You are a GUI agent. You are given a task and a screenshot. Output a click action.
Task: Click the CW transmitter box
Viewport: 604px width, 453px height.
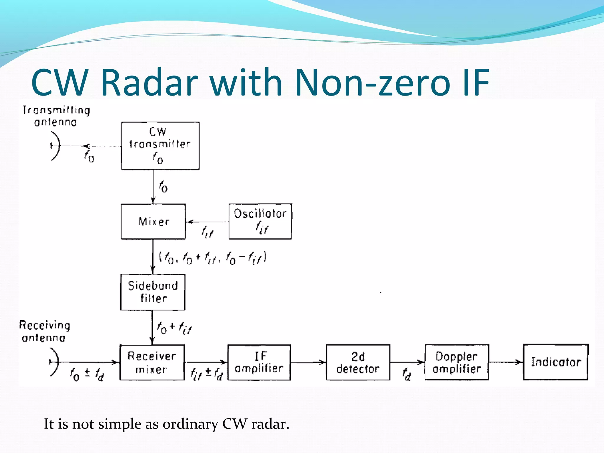tap(160, 146)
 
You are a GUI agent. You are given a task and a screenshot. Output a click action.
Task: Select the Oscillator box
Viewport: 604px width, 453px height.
tap(260, 221)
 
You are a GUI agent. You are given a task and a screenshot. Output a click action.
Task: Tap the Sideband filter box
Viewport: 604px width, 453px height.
tap(153, 292)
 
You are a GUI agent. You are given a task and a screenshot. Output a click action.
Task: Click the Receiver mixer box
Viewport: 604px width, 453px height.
tap(152, 362)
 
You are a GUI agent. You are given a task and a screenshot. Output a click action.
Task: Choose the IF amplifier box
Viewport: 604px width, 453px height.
tap(259, 362)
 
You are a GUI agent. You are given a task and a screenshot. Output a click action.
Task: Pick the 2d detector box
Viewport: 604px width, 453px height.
tap(358, 362)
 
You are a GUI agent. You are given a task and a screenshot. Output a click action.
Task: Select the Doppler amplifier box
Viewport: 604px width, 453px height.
tap(456, 362)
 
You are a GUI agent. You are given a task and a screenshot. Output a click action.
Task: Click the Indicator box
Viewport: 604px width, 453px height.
tap(555, 362)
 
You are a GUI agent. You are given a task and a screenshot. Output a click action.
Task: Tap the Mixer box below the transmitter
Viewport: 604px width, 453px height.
tap(153, 221)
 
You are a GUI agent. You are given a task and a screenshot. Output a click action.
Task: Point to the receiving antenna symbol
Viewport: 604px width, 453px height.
tap(54, 362)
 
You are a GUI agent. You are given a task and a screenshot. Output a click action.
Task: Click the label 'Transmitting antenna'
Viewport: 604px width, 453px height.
tap(56, 116)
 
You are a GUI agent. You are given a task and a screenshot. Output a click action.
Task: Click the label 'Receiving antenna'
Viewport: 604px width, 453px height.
tap(45, 331)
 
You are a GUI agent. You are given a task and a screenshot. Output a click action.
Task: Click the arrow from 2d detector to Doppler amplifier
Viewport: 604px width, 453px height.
tap(407, 362)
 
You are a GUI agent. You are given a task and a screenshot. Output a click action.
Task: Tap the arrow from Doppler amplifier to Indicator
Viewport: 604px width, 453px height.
tap(505, 362)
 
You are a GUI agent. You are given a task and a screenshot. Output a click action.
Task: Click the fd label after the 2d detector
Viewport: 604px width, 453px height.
tap(407, 374)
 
